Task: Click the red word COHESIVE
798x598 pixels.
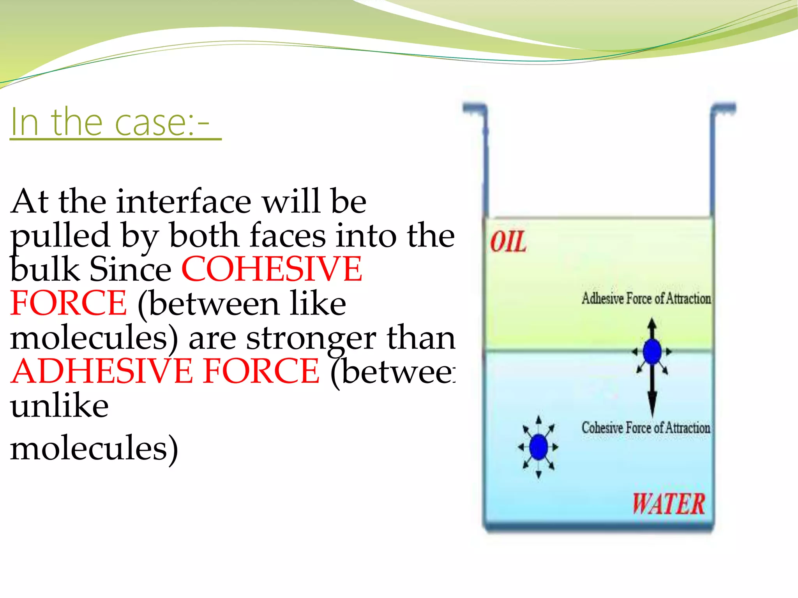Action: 272,269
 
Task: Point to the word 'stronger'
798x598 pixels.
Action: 311,338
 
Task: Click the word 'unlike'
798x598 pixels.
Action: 59,406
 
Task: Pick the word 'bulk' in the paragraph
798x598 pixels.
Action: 44,269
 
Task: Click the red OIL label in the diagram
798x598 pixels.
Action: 508,242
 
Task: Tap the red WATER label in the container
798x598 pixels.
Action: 668,504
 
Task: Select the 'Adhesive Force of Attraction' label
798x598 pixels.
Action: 646,299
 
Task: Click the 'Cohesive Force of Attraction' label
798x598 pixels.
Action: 646,428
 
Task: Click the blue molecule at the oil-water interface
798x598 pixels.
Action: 652,352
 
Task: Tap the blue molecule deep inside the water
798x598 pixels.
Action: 538,447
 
